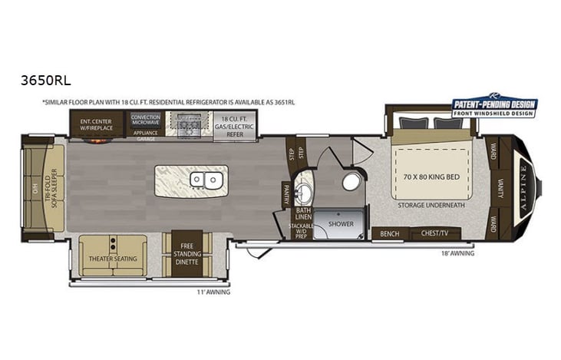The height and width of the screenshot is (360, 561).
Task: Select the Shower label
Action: pyautogui.click(x=340, y=224)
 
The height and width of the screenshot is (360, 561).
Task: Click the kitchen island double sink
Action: pyautogui.click(x=206, y=180)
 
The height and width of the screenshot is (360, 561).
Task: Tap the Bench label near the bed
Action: pyautogui.click(x=390, y=234)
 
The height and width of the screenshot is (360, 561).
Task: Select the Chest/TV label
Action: pyautogui.click(x=434, y=234)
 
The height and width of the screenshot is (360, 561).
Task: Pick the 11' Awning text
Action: pyautogui.click(x=213, y=292)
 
